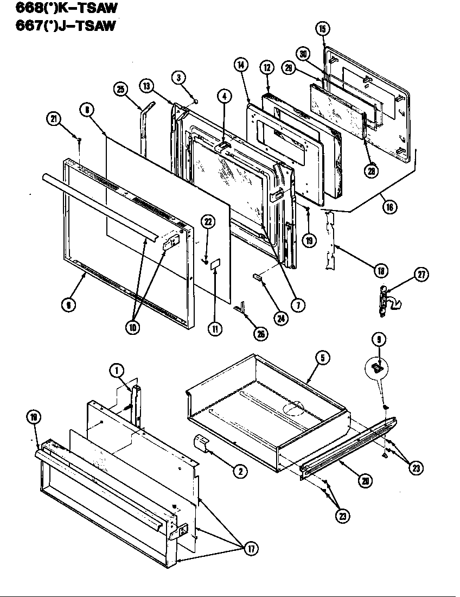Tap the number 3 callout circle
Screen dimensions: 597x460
coord(178,77)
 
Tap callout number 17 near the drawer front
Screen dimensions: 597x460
coord(251,549)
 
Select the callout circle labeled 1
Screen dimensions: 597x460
coord(116,371)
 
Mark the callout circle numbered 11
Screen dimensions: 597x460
coord(216,329)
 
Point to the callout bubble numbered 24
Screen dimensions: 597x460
coord(280,319)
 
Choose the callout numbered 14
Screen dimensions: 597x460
coord(241,65)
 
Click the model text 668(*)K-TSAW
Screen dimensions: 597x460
coord(60,8)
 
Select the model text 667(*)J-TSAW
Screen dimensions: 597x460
coord(60,25)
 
